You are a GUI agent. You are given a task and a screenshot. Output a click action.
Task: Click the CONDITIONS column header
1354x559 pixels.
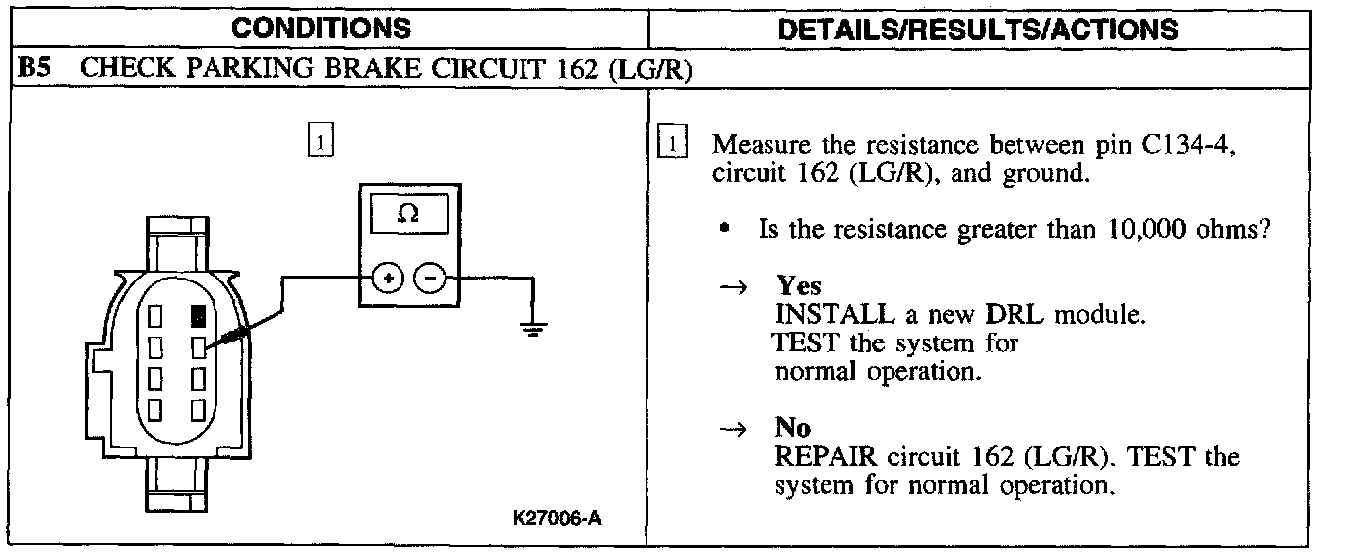tap(322, 27)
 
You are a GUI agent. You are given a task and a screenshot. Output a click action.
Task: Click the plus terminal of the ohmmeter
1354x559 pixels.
tap(389, 279)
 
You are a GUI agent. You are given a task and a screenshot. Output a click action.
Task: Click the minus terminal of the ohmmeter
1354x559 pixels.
tap(428, 279)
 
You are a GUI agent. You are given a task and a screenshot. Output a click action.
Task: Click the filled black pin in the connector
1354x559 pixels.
tap(199, 317)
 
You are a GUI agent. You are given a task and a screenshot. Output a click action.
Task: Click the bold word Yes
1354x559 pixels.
tap(799, 286)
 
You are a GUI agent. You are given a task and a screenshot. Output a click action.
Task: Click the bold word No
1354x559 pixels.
tap(792, 428)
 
